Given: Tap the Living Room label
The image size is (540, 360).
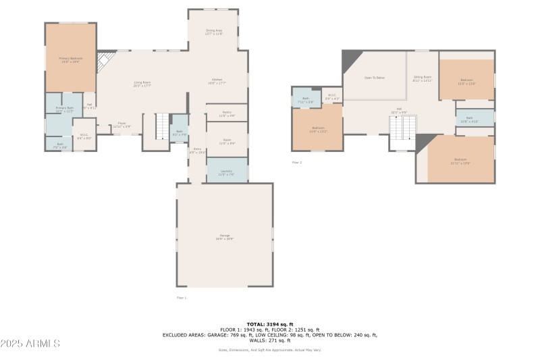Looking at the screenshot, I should click(142, 84).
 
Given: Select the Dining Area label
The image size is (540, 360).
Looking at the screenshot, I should click(214, 32).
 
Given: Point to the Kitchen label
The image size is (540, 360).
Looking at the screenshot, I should click(217, 81).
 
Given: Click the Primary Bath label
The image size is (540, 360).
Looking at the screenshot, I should click(65, 109).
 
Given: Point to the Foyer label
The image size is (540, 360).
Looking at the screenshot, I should click(122, 124).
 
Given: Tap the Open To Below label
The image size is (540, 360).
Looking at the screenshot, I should click(374, 78).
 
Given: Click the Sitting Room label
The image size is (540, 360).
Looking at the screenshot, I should click(423, 78).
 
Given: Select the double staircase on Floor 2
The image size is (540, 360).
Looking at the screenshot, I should click(404, 126).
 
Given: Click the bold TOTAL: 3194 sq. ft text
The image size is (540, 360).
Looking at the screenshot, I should click(269, 325).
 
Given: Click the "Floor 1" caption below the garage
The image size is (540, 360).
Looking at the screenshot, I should click(181, 297).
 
